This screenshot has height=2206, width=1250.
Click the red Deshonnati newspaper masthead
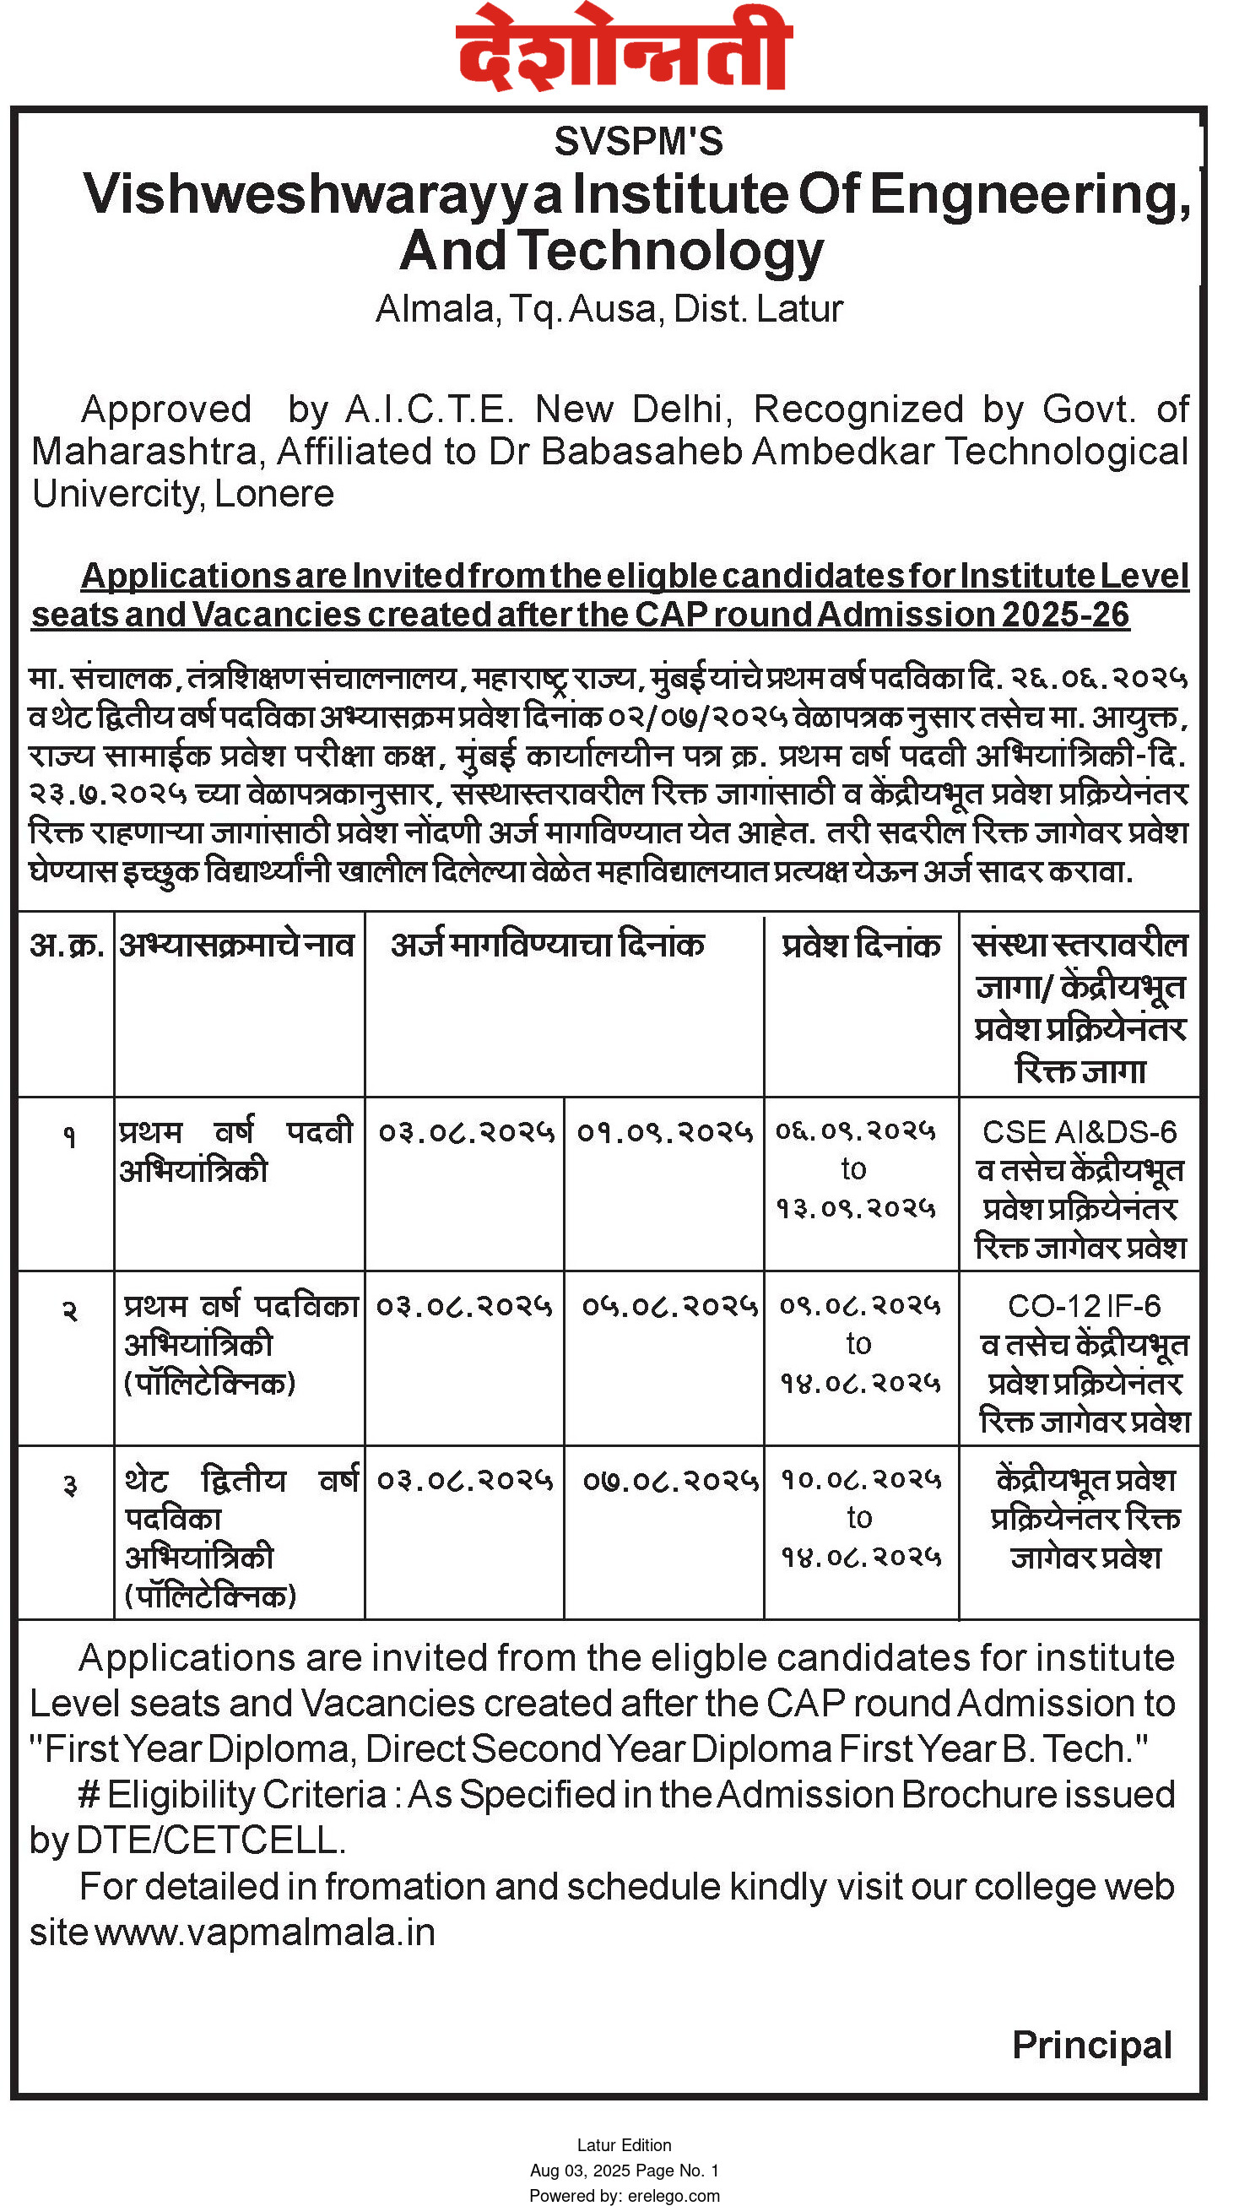coord(623,48)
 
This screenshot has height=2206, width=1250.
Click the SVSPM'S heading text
coord(638,142)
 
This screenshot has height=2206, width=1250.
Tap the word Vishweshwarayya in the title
coord(322,195)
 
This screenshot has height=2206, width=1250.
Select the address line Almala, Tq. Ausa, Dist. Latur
coord(609,309)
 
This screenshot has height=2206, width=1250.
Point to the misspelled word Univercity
coord(115,494)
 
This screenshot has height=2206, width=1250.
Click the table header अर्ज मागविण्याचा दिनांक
coord(547,945)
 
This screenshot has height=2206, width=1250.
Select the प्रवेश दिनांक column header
coord(860,945)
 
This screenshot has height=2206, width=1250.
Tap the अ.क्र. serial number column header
coord(66,945)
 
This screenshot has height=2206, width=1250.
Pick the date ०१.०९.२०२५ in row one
coord(663,1132)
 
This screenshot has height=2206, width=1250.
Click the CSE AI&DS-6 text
coord(1079,1132)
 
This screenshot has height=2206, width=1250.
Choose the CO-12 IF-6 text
coord(1084,1306)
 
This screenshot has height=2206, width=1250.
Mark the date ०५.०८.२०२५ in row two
coord(668,1306)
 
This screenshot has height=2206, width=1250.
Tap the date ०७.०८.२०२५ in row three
coord(668,1481)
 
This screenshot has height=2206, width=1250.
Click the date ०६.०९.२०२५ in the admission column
coord(855,1131)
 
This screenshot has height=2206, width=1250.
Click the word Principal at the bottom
coord(1091,2046)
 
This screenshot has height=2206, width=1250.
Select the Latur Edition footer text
coord(624,2145)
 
